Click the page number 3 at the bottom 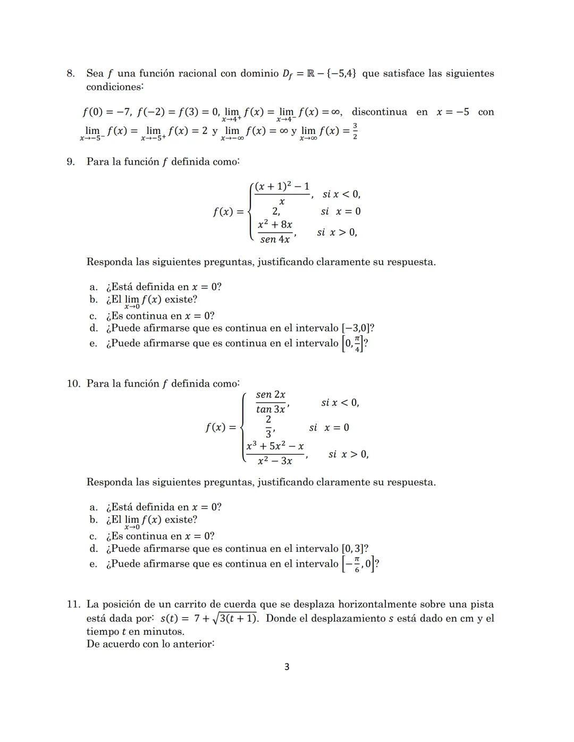pyautogui.click(x=287, y=667)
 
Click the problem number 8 pyautogui.click(x=70, y=73)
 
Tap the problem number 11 pyautogui.click(x=73, y=604)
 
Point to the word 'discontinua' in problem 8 pyautogui.click(x=379, y=112)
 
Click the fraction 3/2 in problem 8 pyautogui.click(x=355, y=131)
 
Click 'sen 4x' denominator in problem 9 pyautogui.click(x=275, y=240)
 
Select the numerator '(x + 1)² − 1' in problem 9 pyautogui.click(x=282, y=186)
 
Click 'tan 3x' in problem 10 pyautogui.click(x=270, y=409)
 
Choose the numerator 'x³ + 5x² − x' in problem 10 pyautogui.click(x=275, y=446)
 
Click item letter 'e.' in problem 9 pyautogui.click(x=94, y=343)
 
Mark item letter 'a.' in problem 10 pyautogui.click(x=94, y=507)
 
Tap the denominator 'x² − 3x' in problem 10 pyautogui.click(x=274, y=461)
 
